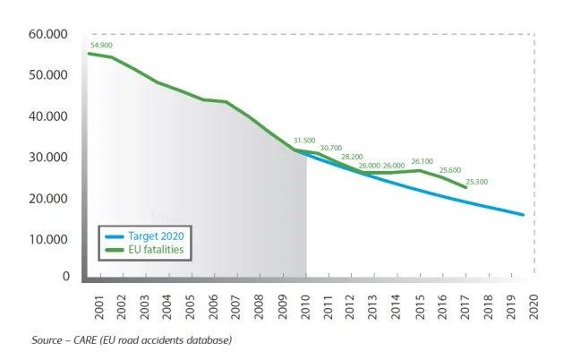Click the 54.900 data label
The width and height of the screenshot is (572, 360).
[x=101, y=45]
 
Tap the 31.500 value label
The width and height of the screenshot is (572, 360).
[x=305, y=141]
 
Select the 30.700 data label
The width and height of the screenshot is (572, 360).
[x=331, y=148]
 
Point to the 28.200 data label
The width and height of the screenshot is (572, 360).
[x=352, y=157]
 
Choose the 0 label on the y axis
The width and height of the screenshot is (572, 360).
[x=65, y=277]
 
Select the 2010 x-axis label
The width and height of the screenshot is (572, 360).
[x=305, y=305]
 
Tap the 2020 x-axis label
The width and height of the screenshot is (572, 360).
[x=534, y=305]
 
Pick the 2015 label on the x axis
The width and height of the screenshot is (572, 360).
[x=420, y=305]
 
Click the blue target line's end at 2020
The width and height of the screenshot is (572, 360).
[x=523, y=215]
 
